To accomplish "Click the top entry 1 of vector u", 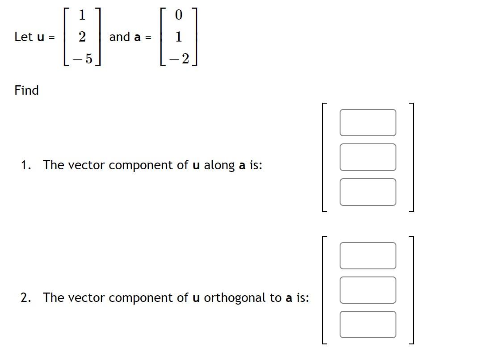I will coord(82,15).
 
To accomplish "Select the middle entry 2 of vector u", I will coord(82,37).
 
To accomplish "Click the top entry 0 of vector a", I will coord(179,15).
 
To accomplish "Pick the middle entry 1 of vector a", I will coord(179,37).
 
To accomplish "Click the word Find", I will coord(27,90).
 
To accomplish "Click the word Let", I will coord(23,37).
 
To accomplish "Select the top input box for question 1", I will coord(367,122).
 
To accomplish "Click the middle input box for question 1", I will coord(367,157).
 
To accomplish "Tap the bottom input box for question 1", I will coord(367,192).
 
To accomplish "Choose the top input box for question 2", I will coord(367,255).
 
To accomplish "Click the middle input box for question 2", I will coord(367,290).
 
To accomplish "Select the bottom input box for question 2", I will coord(367,324).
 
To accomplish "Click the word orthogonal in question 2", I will coord(235,298).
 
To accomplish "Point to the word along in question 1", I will coord(219,165).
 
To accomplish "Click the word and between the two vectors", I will coord(120,37).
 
